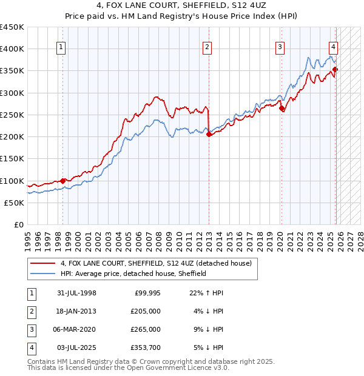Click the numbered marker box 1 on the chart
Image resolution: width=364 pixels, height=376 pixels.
pyautogui.click(x=62, y=49)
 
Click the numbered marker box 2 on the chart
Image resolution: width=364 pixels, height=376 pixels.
pyautogui.click(x=207, y=49)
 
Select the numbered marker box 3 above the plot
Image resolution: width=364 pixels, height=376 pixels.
pyautogui.click(x=280, y=49)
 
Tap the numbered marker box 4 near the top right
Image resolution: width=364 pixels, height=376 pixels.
pyautogui.click(x=334, y=49)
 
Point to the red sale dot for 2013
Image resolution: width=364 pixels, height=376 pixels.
pyautogui.click(x=209, y=135)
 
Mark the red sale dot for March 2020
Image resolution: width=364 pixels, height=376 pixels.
pyautogui.click(x=281, y=109)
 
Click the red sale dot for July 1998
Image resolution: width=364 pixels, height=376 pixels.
pyautogui.click(x=63, y=181)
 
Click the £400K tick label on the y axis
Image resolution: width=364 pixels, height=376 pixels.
pyautogui.click(x=12, y=49)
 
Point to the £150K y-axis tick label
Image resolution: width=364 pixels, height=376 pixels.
pyautogui.click(x=12, y=159)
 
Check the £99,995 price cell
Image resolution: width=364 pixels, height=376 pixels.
pyautogui.click(x=146, y=293)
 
